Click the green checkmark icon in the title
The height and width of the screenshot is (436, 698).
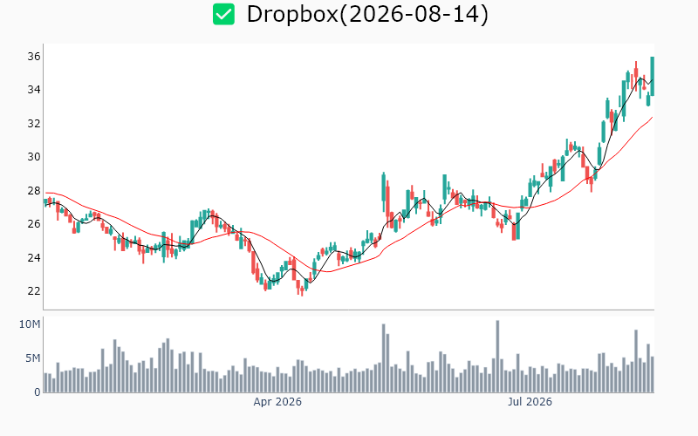(223, 14)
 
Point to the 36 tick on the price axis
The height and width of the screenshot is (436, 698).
(34, 57)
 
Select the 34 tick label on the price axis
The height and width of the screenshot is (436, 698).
(34, 90)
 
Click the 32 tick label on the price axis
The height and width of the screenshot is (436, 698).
(34, 124)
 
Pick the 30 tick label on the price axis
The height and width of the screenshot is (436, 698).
(34, 157)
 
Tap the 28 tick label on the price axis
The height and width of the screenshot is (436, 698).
(34, 191)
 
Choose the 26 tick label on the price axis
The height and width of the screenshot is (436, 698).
(34, 224)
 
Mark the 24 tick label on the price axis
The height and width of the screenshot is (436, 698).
(34, 257)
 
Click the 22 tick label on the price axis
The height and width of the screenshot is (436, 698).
(34, 291)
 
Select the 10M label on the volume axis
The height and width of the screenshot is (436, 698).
(30, 324)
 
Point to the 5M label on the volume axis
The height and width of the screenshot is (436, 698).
(32, 358)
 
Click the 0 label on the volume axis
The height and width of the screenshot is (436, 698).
(38, 392)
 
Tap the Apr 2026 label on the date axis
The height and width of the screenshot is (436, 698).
(277, 402)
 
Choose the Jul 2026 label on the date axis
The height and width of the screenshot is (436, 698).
(530, 402)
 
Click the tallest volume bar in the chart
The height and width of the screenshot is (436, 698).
(497, 357)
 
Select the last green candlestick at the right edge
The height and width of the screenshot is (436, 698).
(652, 76)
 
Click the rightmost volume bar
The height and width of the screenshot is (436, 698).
(652, 375)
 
